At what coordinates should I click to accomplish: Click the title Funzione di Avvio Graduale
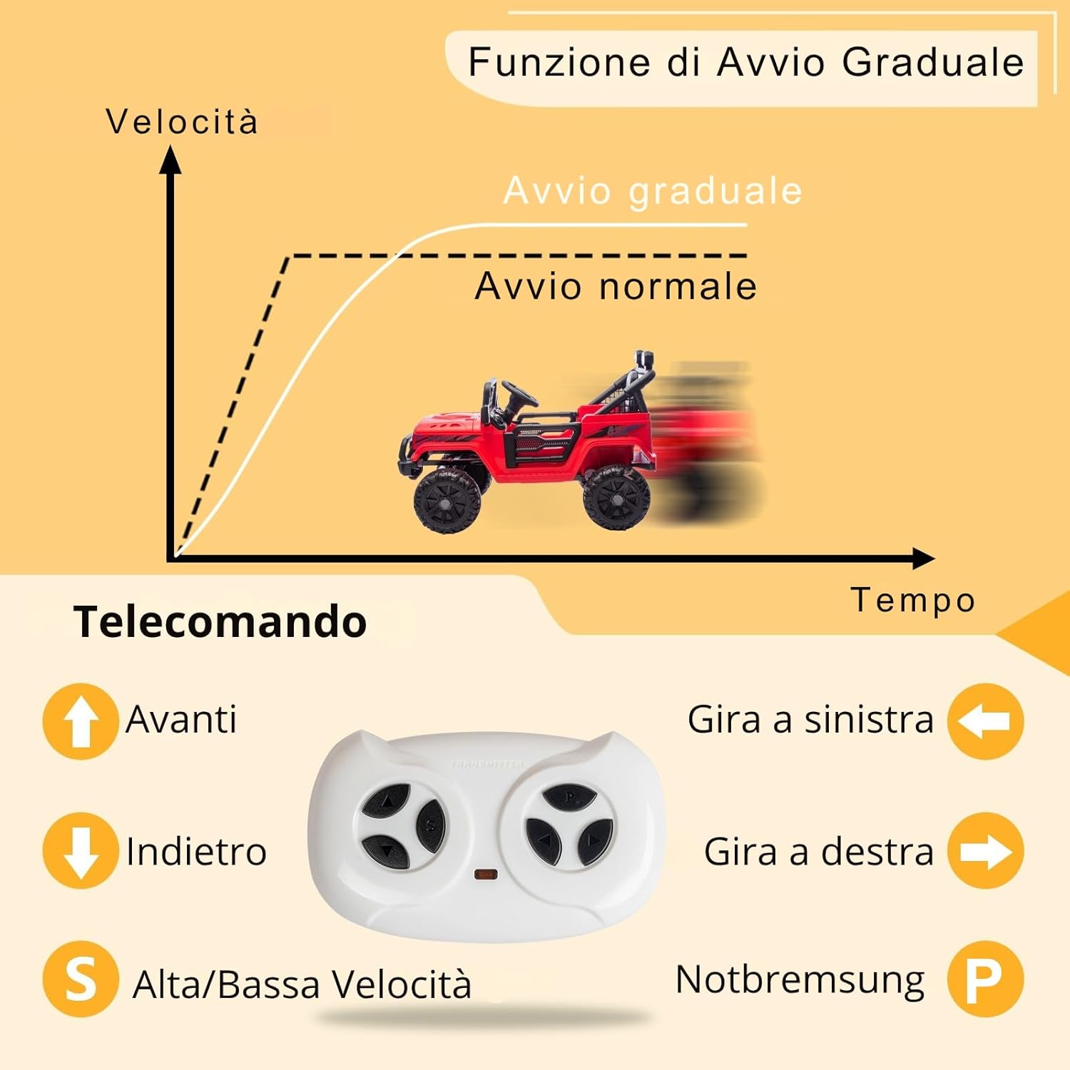coord(745,63)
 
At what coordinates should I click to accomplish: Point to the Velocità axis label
coord(182,122)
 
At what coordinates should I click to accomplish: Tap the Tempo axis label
coord(912,600)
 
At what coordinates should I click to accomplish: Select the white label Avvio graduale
coord(653,191)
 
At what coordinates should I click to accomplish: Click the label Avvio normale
coord(615,287)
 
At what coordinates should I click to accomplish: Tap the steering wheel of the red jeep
coord(519,393)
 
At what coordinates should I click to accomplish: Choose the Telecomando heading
coord(220,622)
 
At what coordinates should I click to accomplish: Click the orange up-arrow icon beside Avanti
coord(81,720)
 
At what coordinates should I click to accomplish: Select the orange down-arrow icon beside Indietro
coord(81,850)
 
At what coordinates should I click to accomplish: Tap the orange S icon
coord(81,979)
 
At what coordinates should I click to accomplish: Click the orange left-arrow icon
coord(985,720)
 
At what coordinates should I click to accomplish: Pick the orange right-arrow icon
coord(985,851)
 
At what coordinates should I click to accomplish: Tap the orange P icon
coord(985,979)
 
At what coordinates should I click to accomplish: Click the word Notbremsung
coord(800,980)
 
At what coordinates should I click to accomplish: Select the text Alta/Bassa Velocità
coord(302,984)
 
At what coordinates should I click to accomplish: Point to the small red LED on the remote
coord(486,874)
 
